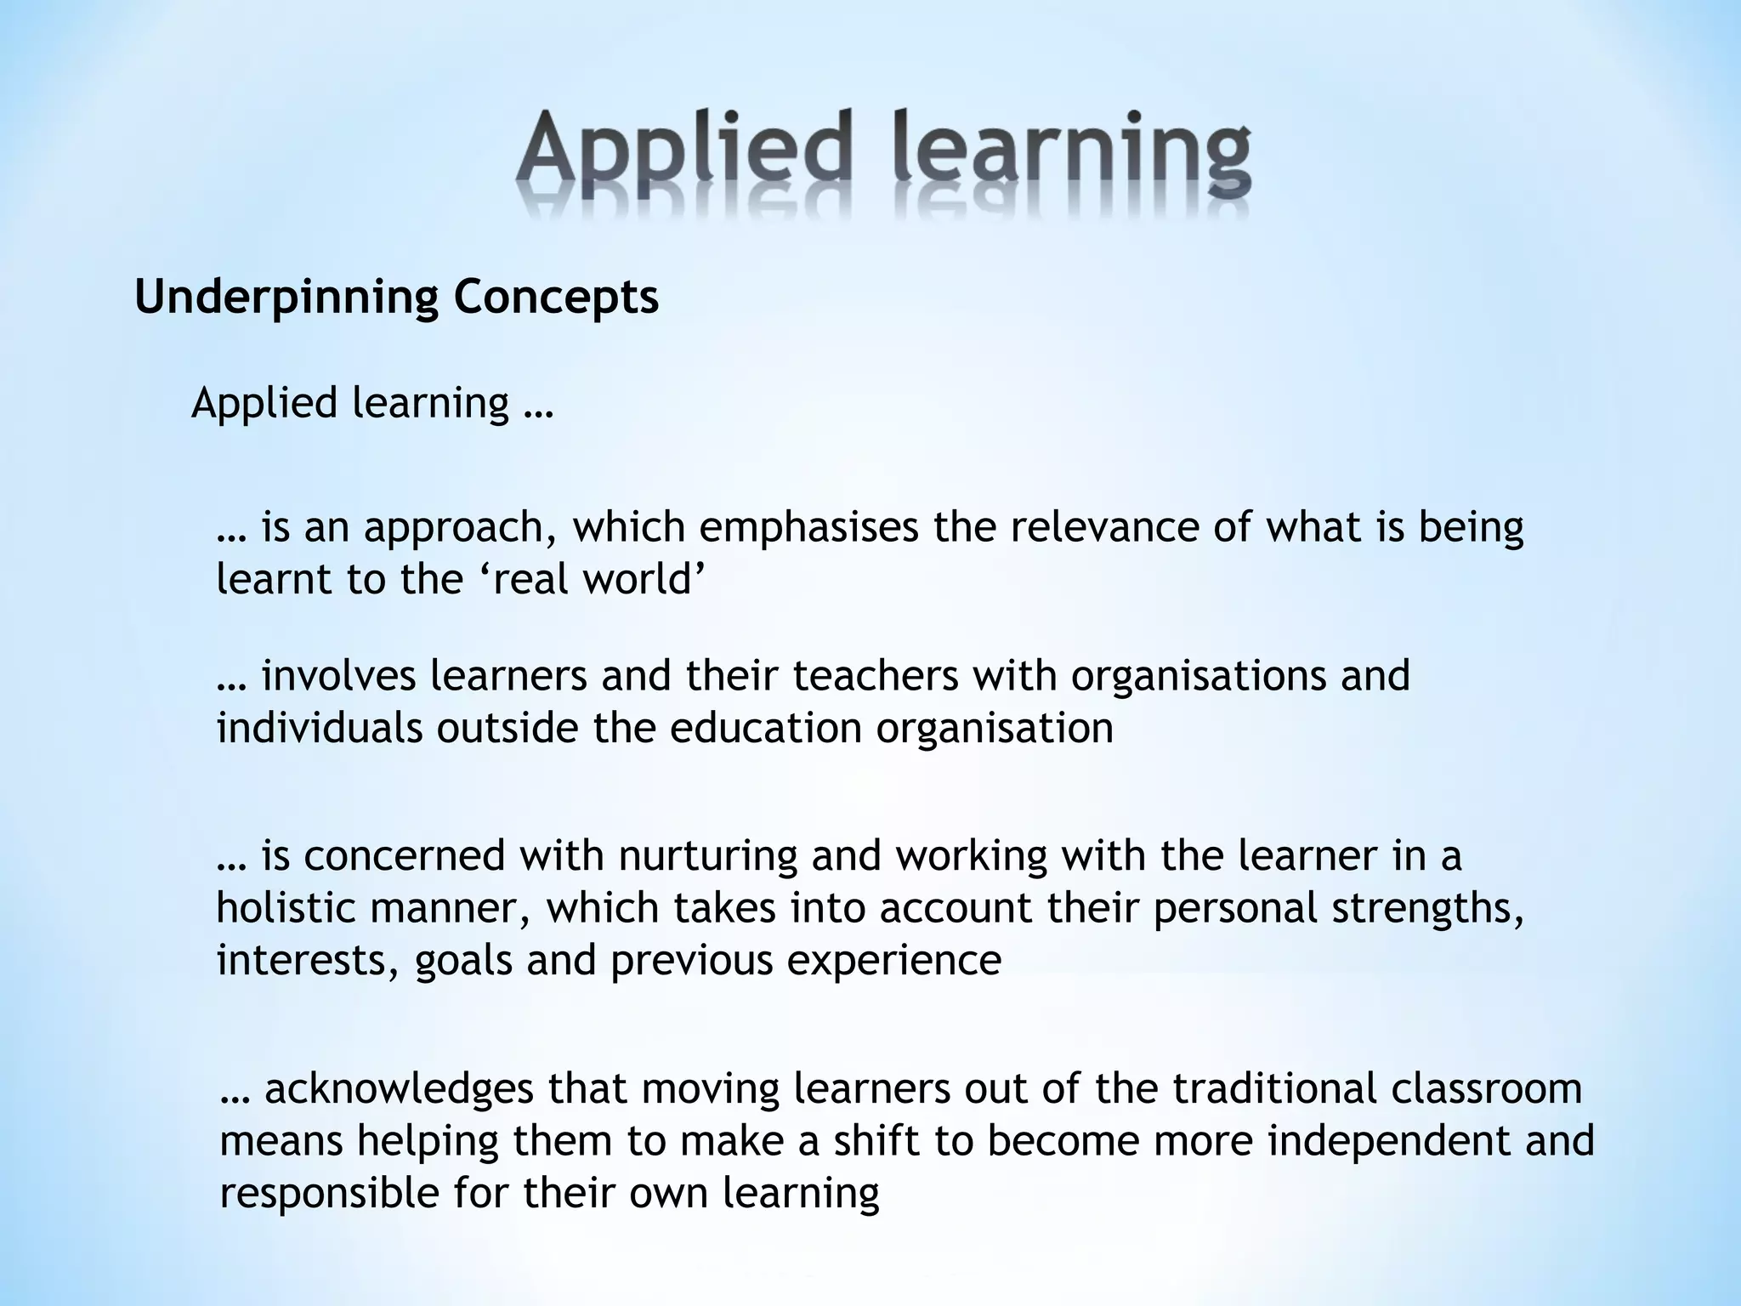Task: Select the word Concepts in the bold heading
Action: tap(556, 298)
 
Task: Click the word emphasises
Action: tap(808, 528)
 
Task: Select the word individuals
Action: tap(319, 728)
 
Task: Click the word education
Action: tap(766, 728)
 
